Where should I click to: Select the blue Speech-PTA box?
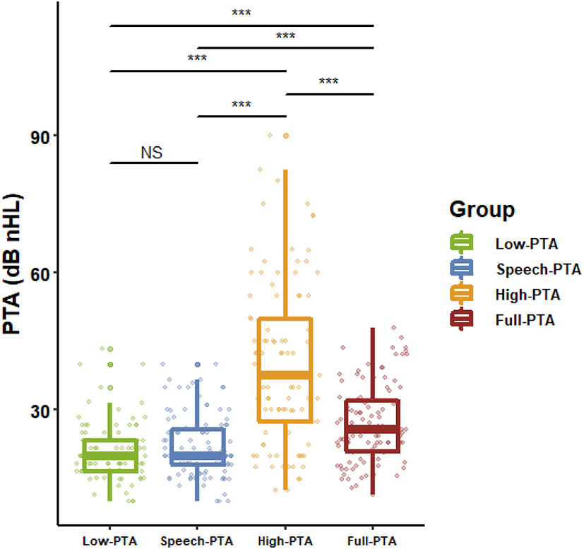(198, 447)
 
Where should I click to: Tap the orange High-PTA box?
(285, 370)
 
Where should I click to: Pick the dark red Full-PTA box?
(373, 425)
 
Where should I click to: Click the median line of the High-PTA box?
(285, 375)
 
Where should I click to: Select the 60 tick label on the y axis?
(38, 273)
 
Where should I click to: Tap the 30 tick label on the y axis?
(38, 410)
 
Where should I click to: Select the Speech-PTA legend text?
(537, 269)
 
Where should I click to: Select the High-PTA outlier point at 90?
(286, 136)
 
